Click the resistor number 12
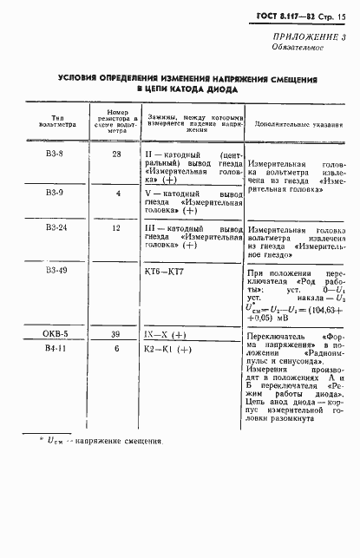117,227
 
